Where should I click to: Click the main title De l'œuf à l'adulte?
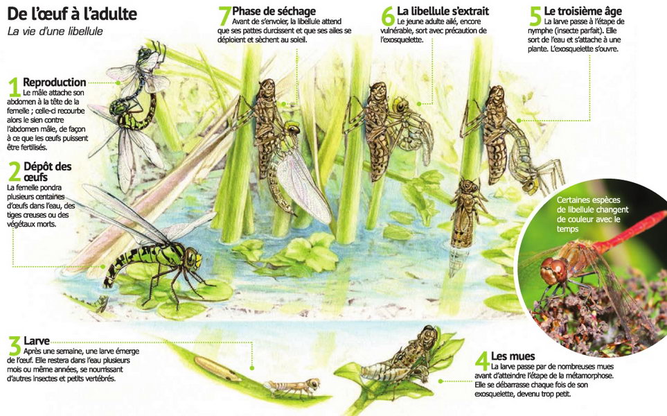pyautogui.click(x=72, y=14)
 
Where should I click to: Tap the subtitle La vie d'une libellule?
pyautogui.click(x=55, y=31)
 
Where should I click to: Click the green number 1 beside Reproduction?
pyautogui.click(x=15, y=88)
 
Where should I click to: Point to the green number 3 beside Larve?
pyautogui.click(x=15, y=346)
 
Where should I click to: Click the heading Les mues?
pyautogui.click(x=513, y=356)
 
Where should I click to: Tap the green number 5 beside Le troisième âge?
pyautogui.click(x=535, y=16)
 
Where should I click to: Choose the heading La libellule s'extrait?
pyautogui.click(x=443, y=10)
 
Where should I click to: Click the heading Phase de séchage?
pyautogui.click(x=274, y=11)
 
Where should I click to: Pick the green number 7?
pyautogui.click(x=224, y=16)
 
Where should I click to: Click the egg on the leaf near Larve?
pyautogui.click(x=217, y=369)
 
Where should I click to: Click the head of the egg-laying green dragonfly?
pyautogui.click(x=192, y=259)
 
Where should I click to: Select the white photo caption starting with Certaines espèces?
pyautogui.click(x=592, y=214)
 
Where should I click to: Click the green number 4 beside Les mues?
pyautogui.click(x=482, y=361)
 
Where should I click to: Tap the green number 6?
pyautogui.click(x=388, y=16)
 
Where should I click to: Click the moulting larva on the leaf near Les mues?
pyautogui.click(x=400, y=358)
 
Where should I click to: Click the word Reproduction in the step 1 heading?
pyautogui.click(x=55, y=83)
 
